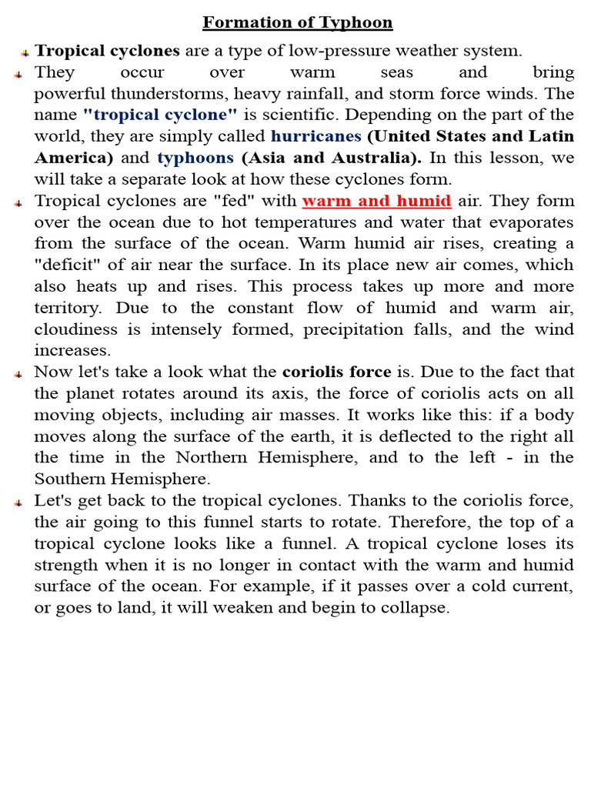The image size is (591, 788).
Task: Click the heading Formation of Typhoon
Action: (297, 22)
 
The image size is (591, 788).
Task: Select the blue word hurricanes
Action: (316, 136)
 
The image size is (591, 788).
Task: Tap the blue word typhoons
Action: (195, 158)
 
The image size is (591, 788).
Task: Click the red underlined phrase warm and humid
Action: (376, 201)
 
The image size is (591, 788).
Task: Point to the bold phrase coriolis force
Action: (336, 372)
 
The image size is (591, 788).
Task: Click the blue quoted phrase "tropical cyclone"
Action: (160, 115)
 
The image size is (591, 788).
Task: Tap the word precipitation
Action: (356, 330)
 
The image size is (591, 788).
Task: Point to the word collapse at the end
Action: (418, 607)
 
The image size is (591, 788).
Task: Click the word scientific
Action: (296, 115)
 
